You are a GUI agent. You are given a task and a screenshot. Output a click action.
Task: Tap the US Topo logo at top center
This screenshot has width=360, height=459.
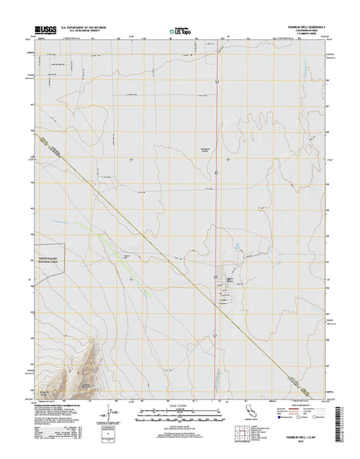click(180, 32)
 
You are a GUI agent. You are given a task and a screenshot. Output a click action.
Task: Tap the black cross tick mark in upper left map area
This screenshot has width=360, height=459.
click(131, 159)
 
